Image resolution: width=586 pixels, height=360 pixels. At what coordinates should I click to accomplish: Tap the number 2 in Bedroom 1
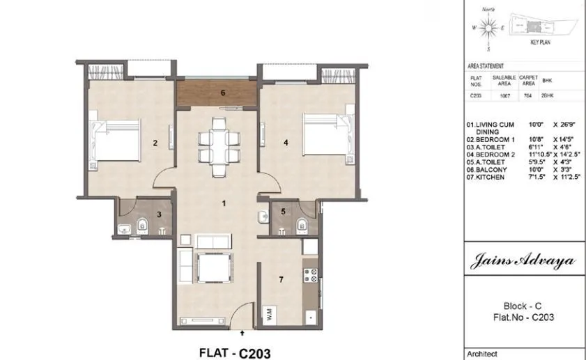click(x=155, y=143)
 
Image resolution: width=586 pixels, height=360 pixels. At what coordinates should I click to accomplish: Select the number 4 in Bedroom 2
click(x=286, y=143)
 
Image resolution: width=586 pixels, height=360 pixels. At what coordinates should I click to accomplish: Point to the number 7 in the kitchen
click(x=281, y=280)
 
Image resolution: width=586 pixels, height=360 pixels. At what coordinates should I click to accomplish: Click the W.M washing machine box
click(x=268, y=313)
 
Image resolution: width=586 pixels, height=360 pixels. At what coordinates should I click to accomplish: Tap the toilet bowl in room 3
click(x=141, y=224)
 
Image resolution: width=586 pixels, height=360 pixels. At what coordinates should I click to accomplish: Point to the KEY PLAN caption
click(x=540, y=42)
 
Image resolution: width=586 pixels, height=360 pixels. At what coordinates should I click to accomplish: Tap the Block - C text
click(x=523, y=306)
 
